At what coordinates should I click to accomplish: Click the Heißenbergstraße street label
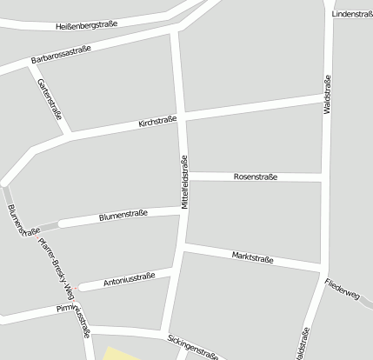[x=85, y=27]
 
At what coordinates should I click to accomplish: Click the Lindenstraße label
[x=352, y=15]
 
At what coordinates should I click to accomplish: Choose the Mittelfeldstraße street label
[x=184, y=183]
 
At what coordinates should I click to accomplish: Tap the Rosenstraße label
[x=256, y=177]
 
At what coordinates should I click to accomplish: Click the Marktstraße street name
[x=253, y=257]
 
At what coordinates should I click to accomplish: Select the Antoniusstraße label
[x=129, y=280]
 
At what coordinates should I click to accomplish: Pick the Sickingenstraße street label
[x=190, y=345]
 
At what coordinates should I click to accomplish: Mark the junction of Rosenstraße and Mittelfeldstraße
[x=185, y=177]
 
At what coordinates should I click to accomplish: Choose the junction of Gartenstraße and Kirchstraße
[x=68, y=135]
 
